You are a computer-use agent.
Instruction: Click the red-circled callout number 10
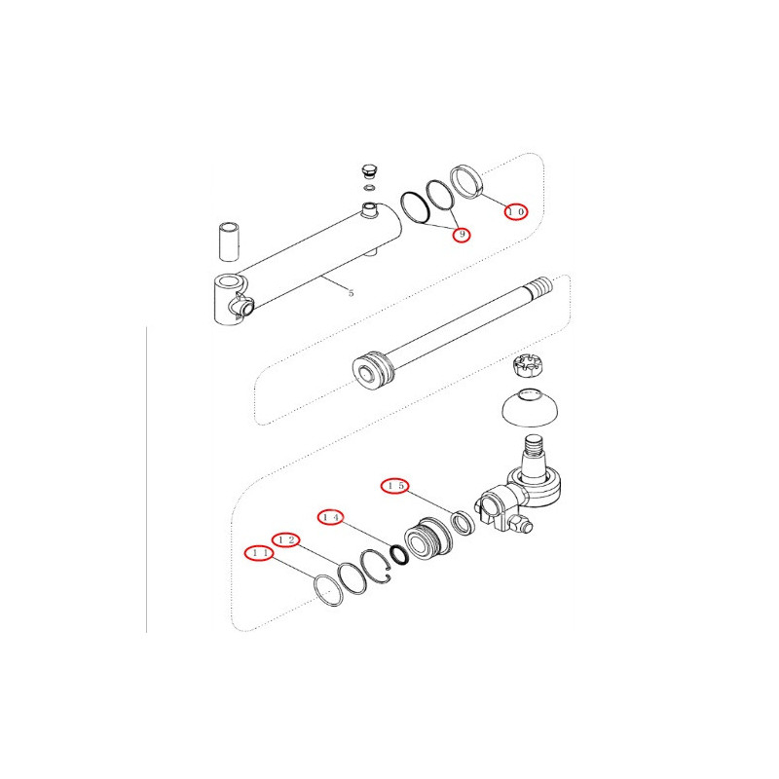click(x=516, y=211)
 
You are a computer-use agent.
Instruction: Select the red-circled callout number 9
click(x=462, y=234)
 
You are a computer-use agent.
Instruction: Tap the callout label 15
click(x=395, y=486)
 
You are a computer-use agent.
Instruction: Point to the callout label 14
click(x=330, y=517)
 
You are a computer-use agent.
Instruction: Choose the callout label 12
click(x=285, y=540)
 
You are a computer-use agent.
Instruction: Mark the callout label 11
click(x=259, y=553)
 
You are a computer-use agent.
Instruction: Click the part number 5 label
click(x=352, y=293)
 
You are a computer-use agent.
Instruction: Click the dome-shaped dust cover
click(x=530, y=407)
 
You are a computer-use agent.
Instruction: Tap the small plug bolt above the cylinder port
click(x=369, y=171)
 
